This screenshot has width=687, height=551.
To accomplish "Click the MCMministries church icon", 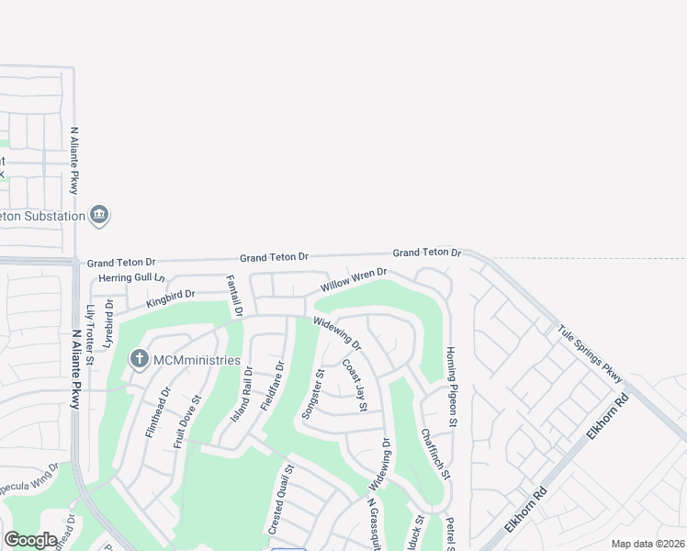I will (139, 358).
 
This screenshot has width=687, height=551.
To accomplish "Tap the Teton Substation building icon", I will (100, 216).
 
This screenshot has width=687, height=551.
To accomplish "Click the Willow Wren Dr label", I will (355, 280).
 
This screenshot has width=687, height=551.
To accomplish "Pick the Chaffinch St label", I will (434, 454).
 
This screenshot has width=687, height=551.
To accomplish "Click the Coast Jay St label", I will (355, 385).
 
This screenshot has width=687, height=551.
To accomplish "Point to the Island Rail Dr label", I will (241, 401).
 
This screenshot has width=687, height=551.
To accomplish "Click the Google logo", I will (31, 540).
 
